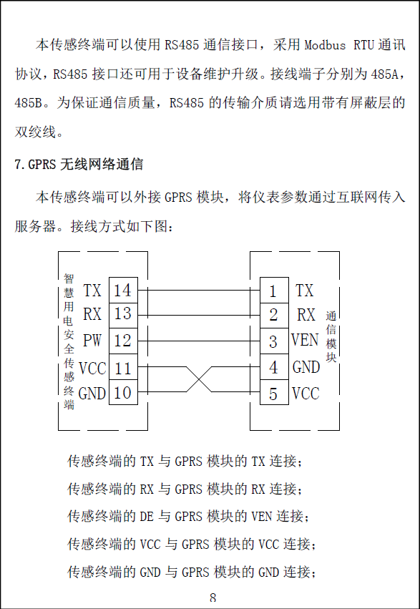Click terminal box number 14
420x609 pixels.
point(123,290)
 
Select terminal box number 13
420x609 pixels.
point(123,316)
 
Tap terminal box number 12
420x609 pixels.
point(123,341)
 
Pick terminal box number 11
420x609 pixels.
point(123,366)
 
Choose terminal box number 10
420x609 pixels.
point(123,392)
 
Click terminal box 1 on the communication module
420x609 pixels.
point(274,290)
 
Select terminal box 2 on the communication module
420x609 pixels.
point(274,316)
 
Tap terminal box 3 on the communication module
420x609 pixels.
point(274,341)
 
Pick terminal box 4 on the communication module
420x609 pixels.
point(274,366)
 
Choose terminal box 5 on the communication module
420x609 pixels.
point(274,392)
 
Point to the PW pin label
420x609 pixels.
point(92,341)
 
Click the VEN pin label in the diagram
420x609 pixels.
point(305,340)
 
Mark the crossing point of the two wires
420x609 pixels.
point(199,379)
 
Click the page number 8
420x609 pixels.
point(213,598)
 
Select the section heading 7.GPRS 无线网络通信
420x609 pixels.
point(79,165)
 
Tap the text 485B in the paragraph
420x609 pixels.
point(28,103)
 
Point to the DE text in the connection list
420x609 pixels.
point(147,517)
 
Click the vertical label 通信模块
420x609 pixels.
point(331,337)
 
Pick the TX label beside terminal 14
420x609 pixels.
point(92,291)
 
